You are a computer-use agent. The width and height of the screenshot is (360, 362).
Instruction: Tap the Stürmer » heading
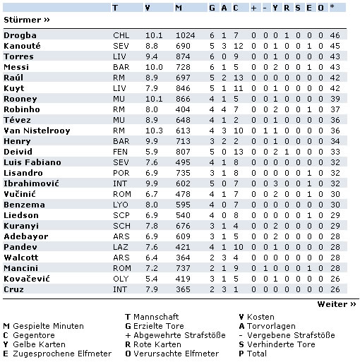[x=27, y=20]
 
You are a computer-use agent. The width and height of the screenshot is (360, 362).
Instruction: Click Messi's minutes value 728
[x=184, y=66]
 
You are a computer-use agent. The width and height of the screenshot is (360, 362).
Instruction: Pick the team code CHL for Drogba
[x=121, y=35]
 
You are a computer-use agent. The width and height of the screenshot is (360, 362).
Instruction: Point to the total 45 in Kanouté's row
[x=334, y=45]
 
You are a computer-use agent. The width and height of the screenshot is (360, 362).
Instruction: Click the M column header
[x=178, y=7]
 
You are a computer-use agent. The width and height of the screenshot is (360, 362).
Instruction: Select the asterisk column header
[x=332, y=7]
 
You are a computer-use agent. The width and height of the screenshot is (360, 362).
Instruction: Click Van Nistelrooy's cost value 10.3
[x=153, y=130]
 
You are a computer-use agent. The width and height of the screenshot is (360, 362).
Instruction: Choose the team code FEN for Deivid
[x=121, y=151]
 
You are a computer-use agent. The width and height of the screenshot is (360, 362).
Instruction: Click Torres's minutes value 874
[x=184, y=56]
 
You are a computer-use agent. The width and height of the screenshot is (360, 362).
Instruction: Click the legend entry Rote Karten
[x=160, y=344]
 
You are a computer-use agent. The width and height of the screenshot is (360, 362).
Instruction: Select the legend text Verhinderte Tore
[x=280, y=344]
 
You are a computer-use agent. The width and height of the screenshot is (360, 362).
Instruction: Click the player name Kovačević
[x=26, y=278]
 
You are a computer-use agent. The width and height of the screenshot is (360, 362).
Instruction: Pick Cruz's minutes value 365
[x=184, y=289]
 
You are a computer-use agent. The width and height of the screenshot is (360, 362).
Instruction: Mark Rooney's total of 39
[x=334, y=98]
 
